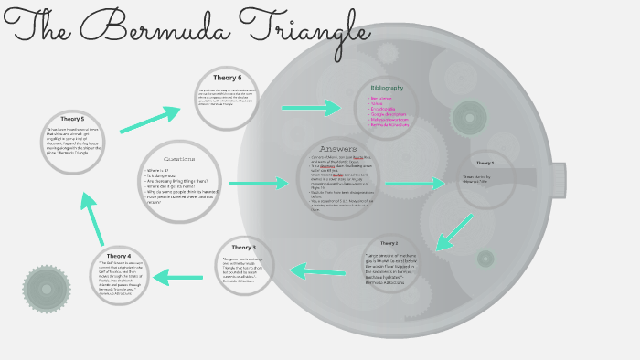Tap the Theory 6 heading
[x=227, y=78]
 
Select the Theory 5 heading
[x=73, y=119]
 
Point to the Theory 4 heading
[x=118, y=256]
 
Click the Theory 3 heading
[x=243, y=248]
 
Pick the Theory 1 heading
[x=485, y=163]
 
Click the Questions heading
[x=179, y=159]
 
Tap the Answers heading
[x=337, y=149]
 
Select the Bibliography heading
[x=387, y=88]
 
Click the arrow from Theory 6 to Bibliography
[x=311, y=108]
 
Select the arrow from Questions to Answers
[x=259, y=183]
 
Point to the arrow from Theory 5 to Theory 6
[x=149, y=119]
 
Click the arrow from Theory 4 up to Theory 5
[x=92, y=217]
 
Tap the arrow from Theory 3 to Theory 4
[x=178, y=276]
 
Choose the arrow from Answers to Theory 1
[x=414, y=184]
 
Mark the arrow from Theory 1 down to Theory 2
[x=454, y=232]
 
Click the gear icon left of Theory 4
[x=47, y=289]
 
